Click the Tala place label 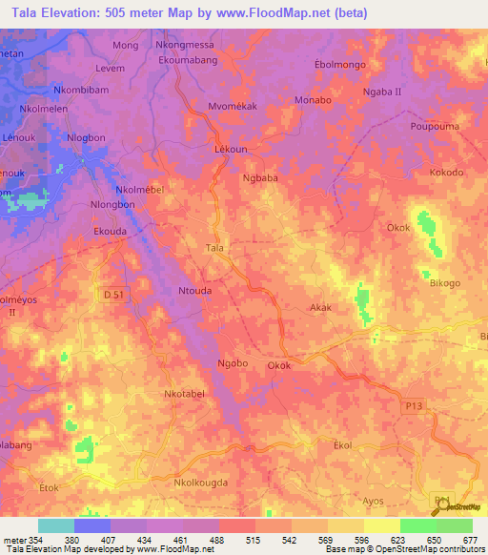[214, 248]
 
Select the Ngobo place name [233, 363]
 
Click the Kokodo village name [446, 173]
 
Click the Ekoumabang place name [190, 59]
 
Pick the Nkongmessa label [185, 44]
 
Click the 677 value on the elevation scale [472, 540]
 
